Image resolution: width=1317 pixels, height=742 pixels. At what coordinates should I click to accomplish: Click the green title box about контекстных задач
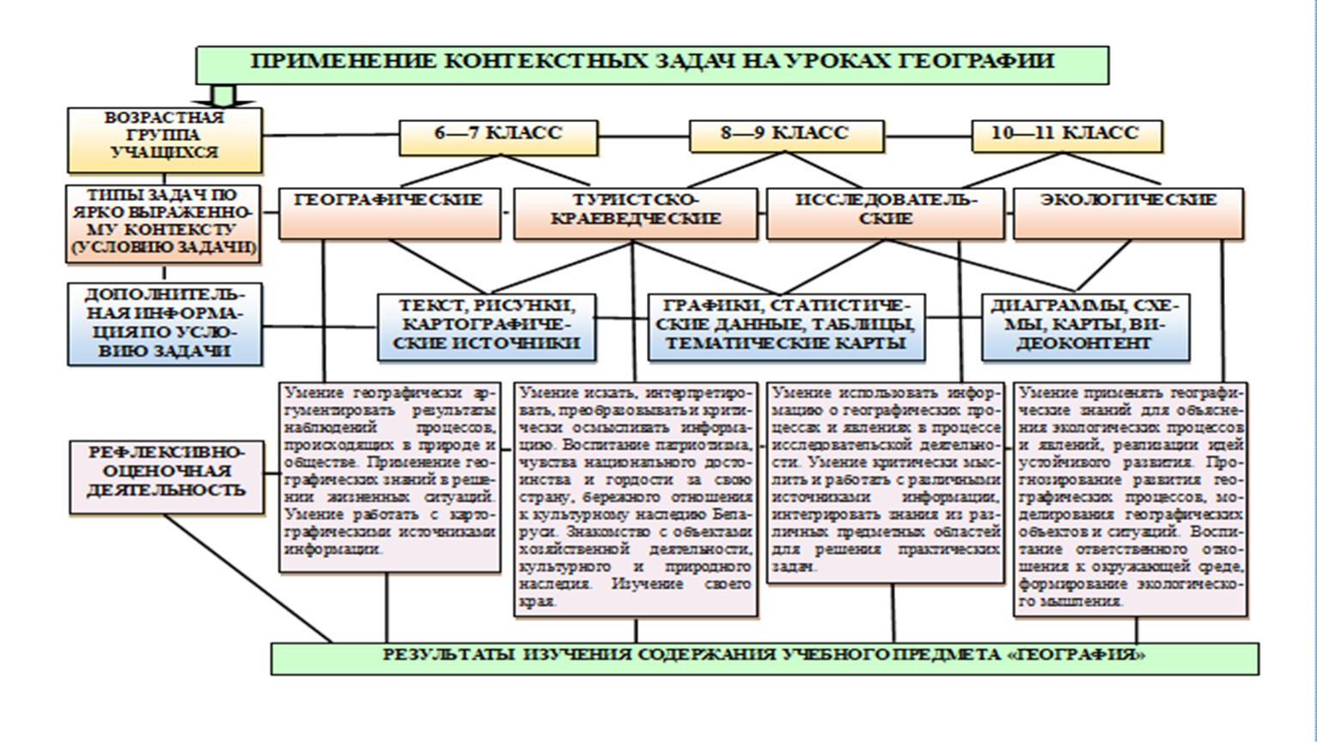point(652,64)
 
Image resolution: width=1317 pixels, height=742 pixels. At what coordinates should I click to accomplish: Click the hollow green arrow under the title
point(224,94)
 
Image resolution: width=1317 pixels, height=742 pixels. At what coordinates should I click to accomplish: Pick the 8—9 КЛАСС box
point(785,135)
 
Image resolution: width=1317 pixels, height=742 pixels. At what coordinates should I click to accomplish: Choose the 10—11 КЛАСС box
point(1065,135)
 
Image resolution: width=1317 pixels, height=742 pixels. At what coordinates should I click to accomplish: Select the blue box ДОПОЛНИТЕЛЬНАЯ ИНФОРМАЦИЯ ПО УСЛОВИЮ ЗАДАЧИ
point(164,325)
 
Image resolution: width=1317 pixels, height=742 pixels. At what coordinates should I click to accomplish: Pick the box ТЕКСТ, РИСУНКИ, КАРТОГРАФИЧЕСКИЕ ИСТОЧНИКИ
point(486,325)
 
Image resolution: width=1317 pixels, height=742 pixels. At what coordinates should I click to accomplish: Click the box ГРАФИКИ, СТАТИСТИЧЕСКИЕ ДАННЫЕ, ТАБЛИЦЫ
point(786,325)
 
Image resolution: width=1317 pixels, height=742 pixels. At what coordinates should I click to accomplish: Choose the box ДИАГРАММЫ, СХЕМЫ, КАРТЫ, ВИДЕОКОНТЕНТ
point(1085,325)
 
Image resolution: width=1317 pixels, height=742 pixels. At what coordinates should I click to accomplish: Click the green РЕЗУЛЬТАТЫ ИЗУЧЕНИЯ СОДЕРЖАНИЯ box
point(764,657)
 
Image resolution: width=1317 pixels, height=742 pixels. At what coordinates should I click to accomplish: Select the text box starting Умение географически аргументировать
point(389,477)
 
